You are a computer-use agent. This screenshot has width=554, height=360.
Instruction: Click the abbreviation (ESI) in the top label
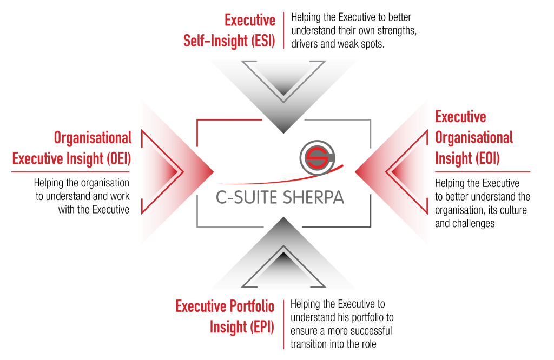(264, 41)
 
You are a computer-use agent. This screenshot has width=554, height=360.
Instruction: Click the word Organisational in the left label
(93, 138)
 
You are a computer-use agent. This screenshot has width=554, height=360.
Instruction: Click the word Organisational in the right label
(474, 138)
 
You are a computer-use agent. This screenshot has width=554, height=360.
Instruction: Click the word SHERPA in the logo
(313, 197)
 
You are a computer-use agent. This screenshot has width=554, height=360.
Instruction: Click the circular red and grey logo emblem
(318, 156)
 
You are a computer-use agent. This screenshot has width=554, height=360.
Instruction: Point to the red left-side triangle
(168, 171)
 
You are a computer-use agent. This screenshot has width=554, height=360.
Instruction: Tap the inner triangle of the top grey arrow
(283, 79)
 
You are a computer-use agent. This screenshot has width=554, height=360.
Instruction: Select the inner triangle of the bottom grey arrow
(283, 268)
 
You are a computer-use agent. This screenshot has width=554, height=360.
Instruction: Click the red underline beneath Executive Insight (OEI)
(70, 172)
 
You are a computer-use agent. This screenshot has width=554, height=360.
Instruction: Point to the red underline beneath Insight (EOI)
(482, 172)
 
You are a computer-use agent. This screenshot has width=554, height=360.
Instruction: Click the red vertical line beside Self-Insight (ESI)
(283, 30)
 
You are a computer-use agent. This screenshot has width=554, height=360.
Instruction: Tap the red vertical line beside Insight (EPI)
(283, 324)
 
